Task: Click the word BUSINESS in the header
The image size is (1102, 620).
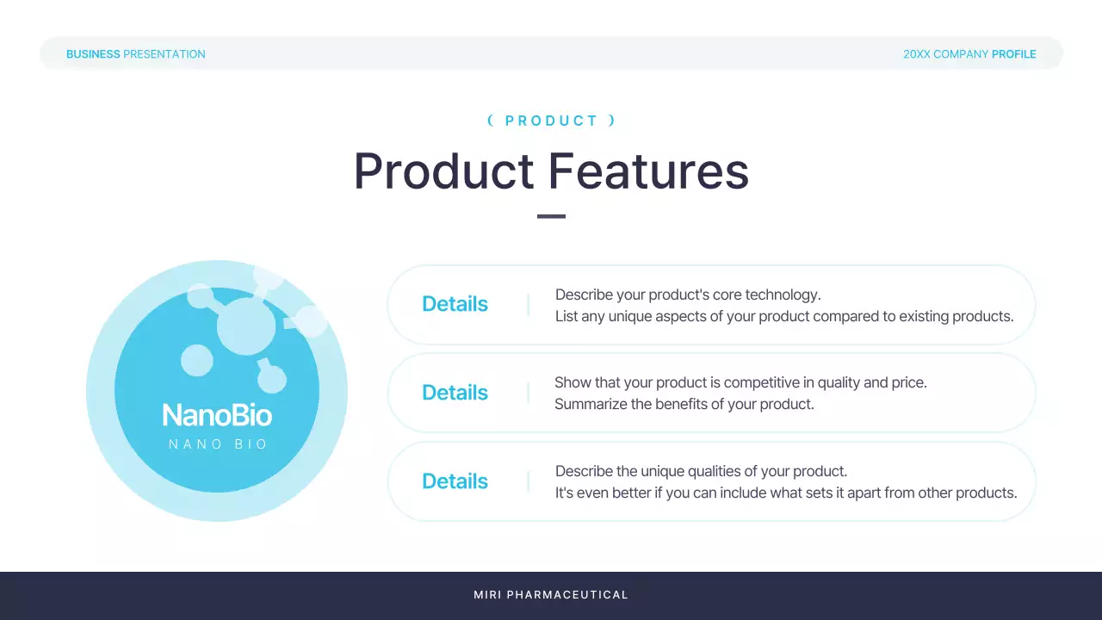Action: click(93, 54)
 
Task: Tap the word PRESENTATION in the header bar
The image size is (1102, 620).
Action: click(164, 54)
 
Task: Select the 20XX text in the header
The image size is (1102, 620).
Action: click(917, 54)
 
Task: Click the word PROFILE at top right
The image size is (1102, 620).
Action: click(1014, 54)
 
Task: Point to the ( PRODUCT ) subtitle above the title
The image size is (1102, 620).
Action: click(552, 121)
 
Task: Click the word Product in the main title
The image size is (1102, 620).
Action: click(443, 170)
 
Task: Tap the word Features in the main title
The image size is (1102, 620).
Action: click(648, 170)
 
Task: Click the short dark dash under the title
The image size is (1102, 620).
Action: click(551, 216)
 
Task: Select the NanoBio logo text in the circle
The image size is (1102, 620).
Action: click(217, 415)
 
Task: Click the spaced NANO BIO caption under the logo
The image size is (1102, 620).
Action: click(218, 444)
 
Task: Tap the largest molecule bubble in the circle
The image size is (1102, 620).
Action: click(246, 326)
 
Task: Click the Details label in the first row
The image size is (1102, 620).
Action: click(455, 304)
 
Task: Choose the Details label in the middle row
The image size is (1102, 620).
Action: click(455, 392)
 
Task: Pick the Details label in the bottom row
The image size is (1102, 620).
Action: click(455, 480)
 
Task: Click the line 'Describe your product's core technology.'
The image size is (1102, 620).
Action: click(688, 294)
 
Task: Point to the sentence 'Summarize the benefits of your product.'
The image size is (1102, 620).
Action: click(684, 404)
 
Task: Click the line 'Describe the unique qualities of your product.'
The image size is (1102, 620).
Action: click(701, 471)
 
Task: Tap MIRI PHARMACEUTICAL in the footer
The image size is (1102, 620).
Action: click(551, 595)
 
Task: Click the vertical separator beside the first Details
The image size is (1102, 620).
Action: click(529, 305)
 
